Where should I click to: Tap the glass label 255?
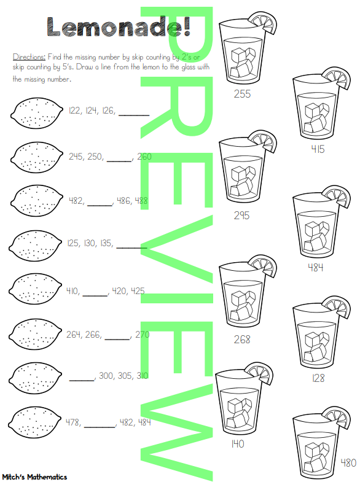[x=243, y=94]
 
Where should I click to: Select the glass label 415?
[x=317, y=149]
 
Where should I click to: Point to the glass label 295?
[x=242, y=215]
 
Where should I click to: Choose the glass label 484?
[x=316, y=267]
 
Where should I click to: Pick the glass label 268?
[x=242, y=339]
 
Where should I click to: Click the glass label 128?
[x=317, y=378]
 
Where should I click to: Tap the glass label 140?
[x=238, y=443]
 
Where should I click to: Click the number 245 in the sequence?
[x=76, y=157]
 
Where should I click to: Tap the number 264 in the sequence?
[x=75, y=335]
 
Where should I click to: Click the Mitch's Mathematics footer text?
[x=34, y=476]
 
